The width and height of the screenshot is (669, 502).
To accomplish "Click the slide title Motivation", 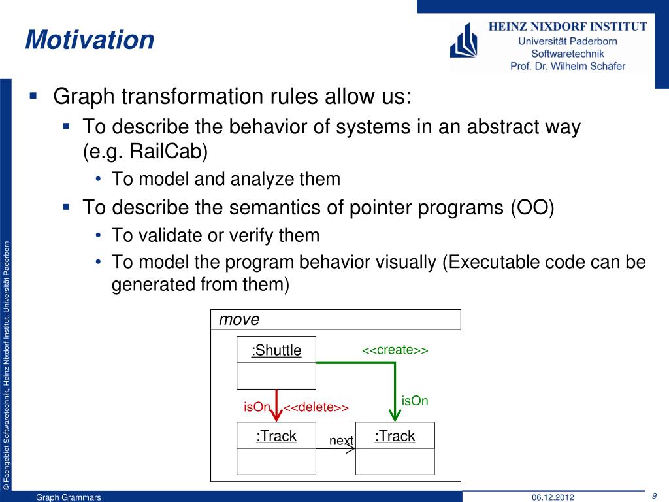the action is (x=90, y=40).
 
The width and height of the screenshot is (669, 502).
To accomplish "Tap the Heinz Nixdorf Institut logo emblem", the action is (x=463, y=41).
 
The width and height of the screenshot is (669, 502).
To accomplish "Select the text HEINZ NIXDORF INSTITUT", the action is (x=568, y=26).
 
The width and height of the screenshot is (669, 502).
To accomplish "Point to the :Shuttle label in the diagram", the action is (x=276, y=350).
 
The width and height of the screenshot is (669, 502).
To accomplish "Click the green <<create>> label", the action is (x=395, y=350).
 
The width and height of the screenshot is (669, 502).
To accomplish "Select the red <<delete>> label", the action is (x=316, y=407).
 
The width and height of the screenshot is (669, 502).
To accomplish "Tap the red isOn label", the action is (x=257, y=407).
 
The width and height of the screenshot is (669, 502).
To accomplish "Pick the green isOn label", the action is (x=415, y=401).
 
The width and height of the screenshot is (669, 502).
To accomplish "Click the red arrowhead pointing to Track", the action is (x=276, y=415).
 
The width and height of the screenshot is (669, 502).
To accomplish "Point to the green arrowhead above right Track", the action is (x=395, y=415).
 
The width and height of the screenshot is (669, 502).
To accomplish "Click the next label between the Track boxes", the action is (x=341, y=440).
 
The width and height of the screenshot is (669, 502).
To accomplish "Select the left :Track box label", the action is (x=276, y=436).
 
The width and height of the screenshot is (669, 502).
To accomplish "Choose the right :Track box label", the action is (x=395, y=436).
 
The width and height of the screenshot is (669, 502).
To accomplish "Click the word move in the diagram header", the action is (x=239, y=319).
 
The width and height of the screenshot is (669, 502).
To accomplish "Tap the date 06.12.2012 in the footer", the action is (x=553, y=497).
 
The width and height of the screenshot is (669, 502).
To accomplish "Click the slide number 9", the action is (x=654, y=496).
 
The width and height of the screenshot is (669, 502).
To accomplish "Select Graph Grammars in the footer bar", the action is (x=68, y=497).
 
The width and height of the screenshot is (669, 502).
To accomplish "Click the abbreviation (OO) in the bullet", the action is (x=532, y=208).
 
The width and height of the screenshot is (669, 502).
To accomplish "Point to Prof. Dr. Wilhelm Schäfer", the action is (x=568, y=66).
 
